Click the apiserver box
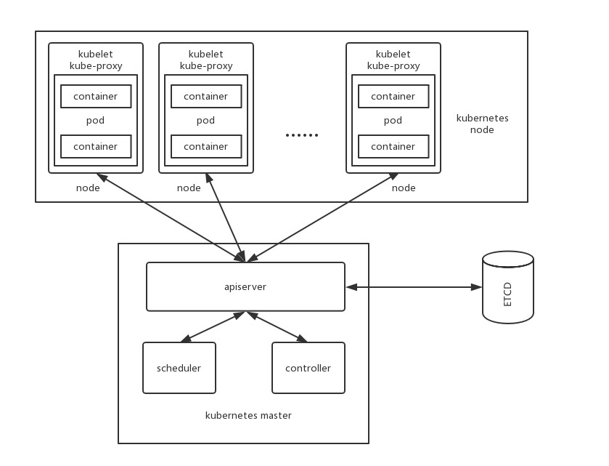click(x=245, y=286)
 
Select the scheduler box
click(x=179, y=368)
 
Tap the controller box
click(x=308, y=368)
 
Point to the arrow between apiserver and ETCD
click(x=414, y=287)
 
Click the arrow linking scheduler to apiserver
click(x=212, y=326)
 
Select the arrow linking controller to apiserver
click(x=277, y=326)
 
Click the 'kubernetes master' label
click(x=248, y=416)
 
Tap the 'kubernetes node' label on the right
click(x=482, y=124)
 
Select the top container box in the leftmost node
click(x=95, y=96)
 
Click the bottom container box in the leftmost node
click(x=95, y=146)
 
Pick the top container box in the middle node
click(x=205, y=96)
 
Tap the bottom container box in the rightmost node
click(x=393, y=146)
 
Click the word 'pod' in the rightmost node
click(x=393, y=121)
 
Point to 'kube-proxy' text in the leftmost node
click(x=95, y=65)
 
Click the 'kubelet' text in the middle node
click(x=205, y=55)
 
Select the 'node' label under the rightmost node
click(x=404, y=188)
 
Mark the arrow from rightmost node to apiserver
click(x=322, y=217)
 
